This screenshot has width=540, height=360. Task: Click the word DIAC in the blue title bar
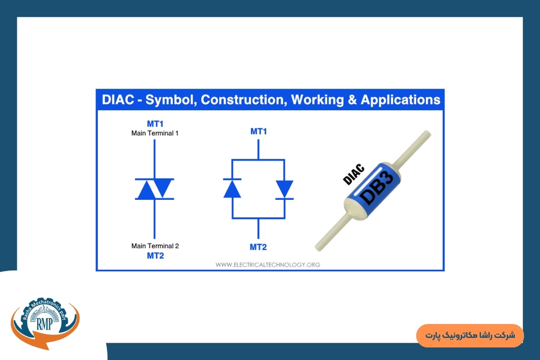(x=118, y=100)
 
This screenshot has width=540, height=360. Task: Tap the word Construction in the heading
(x=244, y=100)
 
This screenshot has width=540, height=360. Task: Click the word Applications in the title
(x=401, y=100)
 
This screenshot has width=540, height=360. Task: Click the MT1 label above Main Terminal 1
(x=155, y=124)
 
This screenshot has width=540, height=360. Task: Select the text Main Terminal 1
(x=155, y=133)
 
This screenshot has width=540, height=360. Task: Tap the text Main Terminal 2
(x=155, y=246)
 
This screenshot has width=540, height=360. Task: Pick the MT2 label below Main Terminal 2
(x=155, y=256)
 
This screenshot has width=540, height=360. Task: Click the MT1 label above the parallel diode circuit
(x=259, y=131)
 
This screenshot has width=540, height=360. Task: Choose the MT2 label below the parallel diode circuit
(x=258, y=247)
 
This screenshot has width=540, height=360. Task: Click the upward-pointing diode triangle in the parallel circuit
(x=232, y=190)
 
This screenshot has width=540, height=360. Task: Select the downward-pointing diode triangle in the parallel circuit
(x=284, y=189)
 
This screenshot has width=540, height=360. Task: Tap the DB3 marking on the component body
(x=376, y=188)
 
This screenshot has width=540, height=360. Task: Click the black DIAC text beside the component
(x=353, y=175)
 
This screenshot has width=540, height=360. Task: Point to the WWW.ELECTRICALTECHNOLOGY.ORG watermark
(x=268, y=265)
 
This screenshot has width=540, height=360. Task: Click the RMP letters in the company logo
(x=45, y=323)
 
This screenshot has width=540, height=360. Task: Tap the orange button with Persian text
(x=470, y=335)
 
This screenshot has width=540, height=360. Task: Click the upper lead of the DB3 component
(x=413, y=148)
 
